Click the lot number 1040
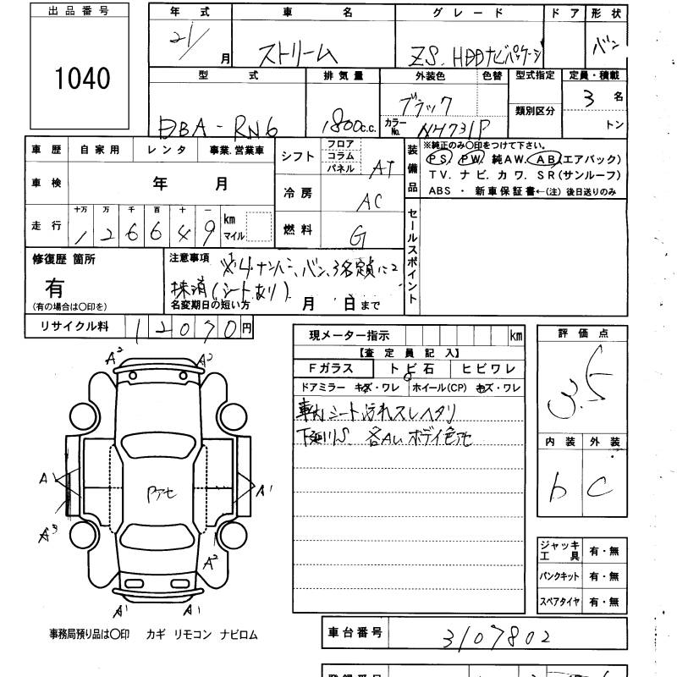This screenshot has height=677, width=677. pos(82,79)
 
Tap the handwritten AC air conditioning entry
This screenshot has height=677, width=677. pos(370,201)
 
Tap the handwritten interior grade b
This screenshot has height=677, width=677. pos(559,485)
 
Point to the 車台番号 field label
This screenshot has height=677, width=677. pos(355,632)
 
